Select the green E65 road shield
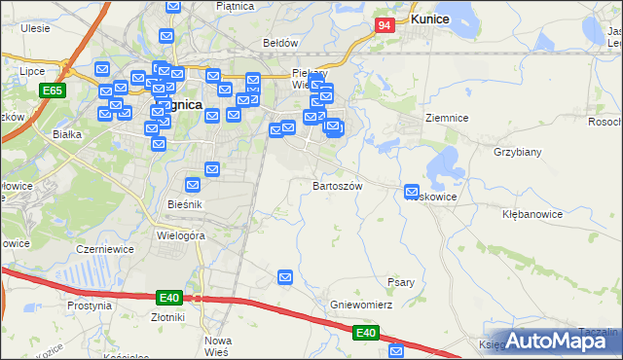[53, 90]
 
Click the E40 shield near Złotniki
[167, 296]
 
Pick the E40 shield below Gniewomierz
[365, 334]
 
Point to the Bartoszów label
[338, 185]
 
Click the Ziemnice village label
[447, 118]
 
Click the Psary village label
[401, 282]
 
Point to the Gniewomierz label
[360, 305]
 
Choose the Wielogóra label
[180, 234]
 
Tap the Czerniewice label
[105, 249]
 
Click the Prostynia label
[90, 305]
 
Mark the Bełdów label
[280, 43]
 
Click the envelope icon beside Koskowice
[412, 193]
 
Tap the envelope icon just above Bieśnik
[193, 185]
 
